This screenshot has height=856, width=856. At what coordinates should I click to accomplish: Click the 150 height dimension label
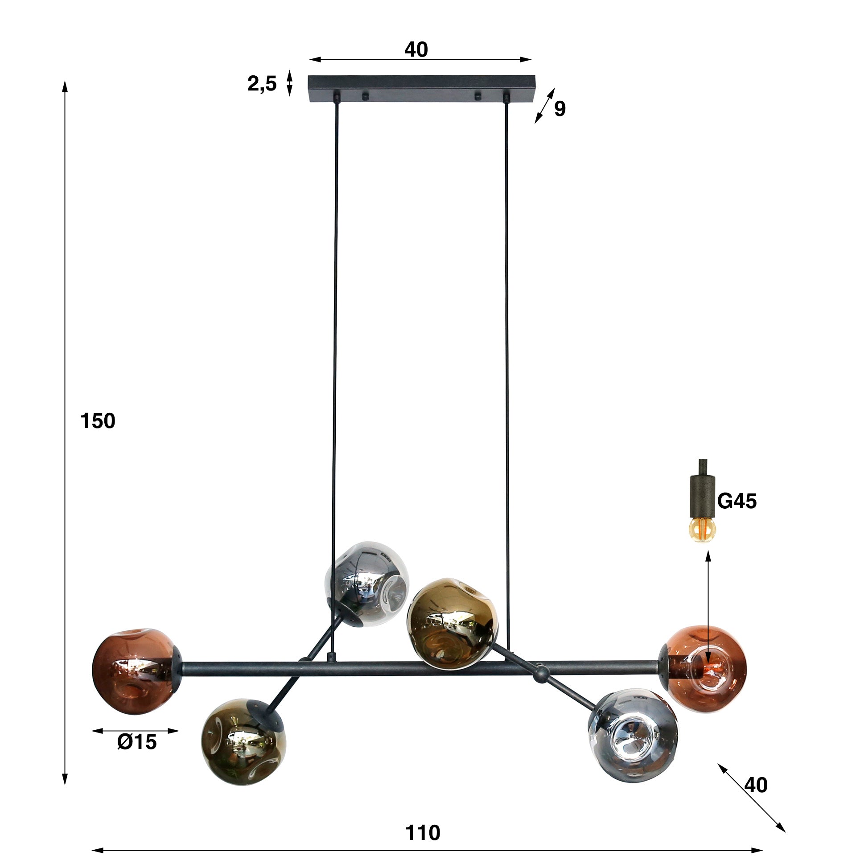pyautogui.click(x=98, y=421)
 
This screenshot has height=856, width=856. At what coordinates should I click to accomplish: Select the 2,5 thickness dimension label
pyautogui.click(x=262, y=84)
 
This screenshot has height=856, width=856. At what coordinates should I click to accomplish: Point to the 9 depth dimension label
pyautogui.click(x=560, y=109)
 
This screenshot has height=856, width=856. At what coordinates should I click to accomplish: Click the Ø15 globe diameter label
pyautogui.click(x=137, y=742)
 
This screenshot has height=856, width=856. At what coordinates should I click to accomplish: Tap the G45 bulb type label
pyautogui.click(x=737, y=502)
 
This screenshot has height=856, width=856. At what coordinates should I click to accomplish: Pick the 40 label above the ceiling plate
pyautogui.click(x=416, y=49)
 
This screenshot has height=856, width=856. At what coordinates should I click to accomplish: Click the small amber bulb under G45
pyautogui.click(x=703, y=530)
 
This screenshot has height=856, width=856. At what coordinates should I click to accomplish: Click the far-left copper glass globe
pyautogui.click(x=133, y=671)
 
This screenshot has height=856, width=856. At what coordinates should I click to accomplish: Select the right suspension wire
pyautogui.click(x=507, y=357)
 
